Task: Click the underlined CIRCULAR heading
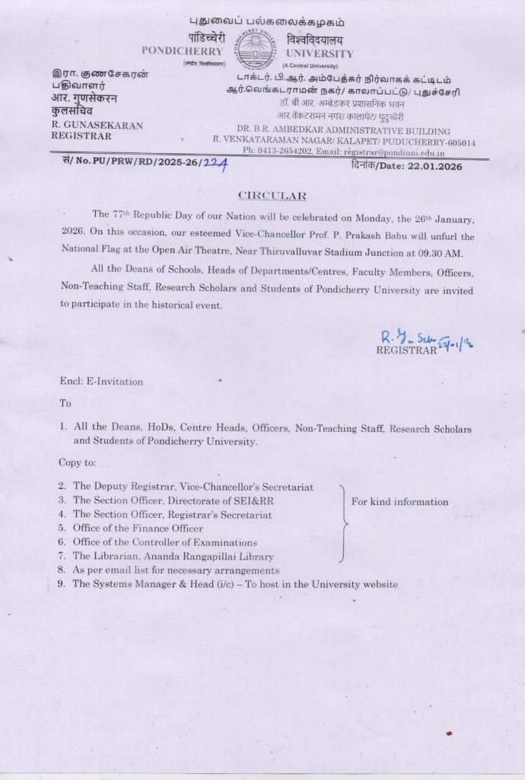pyautogui.click(x=262, y=196)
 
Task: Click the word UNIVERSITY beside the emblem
pyautogui.click(x=320, y=53)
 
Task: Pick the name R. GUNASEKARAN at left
pyautogui.click(x=97, y=125)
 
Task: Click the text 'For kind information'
pyautogui.click(x=399, y=502)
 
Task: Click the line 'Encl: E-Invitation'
pyautogui.click(x=101, y=382)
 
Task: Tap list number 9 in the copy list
pyautogui.click(x=62, y=584)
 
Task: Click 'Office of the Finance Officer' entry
pyautogui.click(x=138, y=529)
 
